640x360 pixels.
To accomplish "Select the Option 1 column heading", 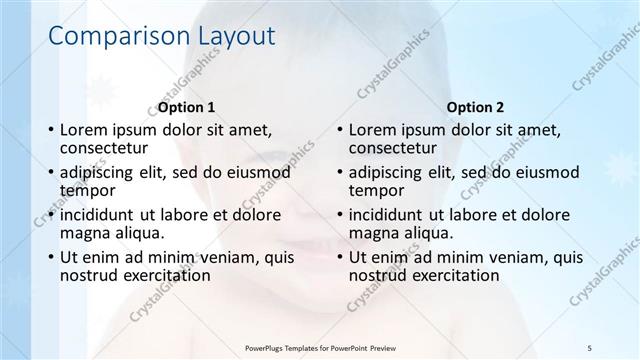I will point(186,107).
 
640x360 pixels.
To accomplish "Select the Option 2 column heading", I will point(475,107).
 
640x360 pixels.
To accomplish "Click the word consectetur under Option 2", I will point(393,148).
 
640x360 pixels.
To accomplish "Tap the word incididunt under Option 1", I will point(101,214).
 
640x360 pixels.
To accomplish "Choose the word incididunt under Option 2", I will point(390,214).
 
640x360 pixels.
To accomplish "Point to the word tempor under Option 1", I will point(87,190).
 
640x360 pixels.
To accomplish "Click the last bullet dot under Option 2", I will point(340,258).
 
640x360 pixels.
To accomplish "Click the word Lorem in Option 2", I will point(372,130).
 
